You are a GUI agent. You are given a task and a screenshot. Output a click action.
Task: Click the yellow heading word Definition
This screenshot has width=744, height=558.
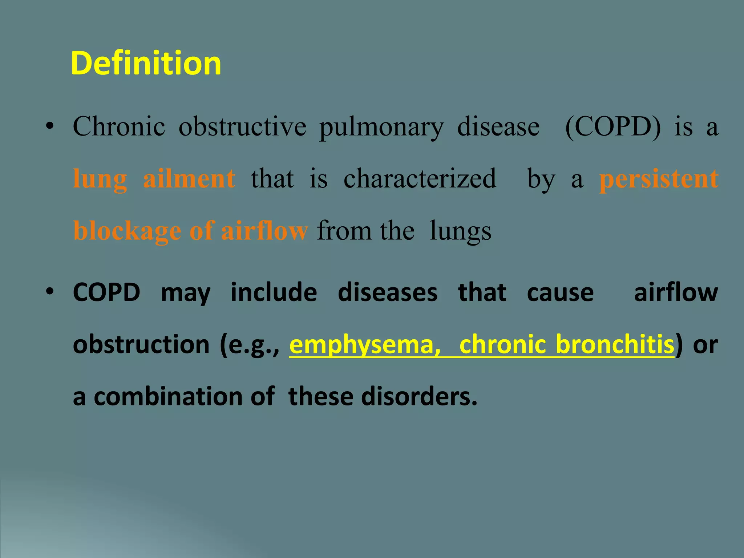(x=146, y=63)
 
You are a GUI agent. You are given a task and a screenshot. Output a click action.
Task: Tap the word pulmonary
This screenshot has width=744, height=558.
(x=381, y=127)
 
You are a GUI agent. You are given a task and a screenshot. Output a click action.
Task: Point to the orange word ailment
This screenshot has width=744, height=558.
(x=189, y=178)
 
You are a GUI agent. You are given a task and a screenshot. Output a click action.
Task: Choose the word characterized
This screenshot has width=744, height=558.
(x=420, y=178)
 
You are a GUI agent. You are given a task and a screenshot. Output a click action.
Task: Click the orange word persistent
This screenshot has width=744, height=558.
(x=659, y=178)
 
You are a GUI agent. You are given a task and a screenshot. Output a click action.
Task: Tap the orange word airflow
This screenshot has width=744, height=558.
(x=264, y=230)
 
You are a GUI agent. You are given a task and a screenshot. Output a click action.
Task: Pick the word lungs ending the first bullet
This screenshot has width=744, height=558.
(x=460, y=231)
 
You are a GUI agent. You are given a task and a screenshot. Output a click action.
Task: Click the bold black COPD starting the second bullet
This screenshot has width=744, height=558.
(x=106, y=292)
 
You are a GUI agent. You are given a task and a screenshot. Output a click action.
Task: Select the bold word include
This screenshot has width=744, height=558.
(x=274, y=292)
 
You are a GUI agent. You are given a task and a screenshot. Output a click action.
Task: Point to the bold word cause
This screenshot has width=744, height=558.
(x=560, y=292)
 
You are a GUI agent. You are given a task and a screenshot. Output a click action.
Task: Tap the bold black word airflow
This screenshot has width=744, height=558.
(x=676, y=292)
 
